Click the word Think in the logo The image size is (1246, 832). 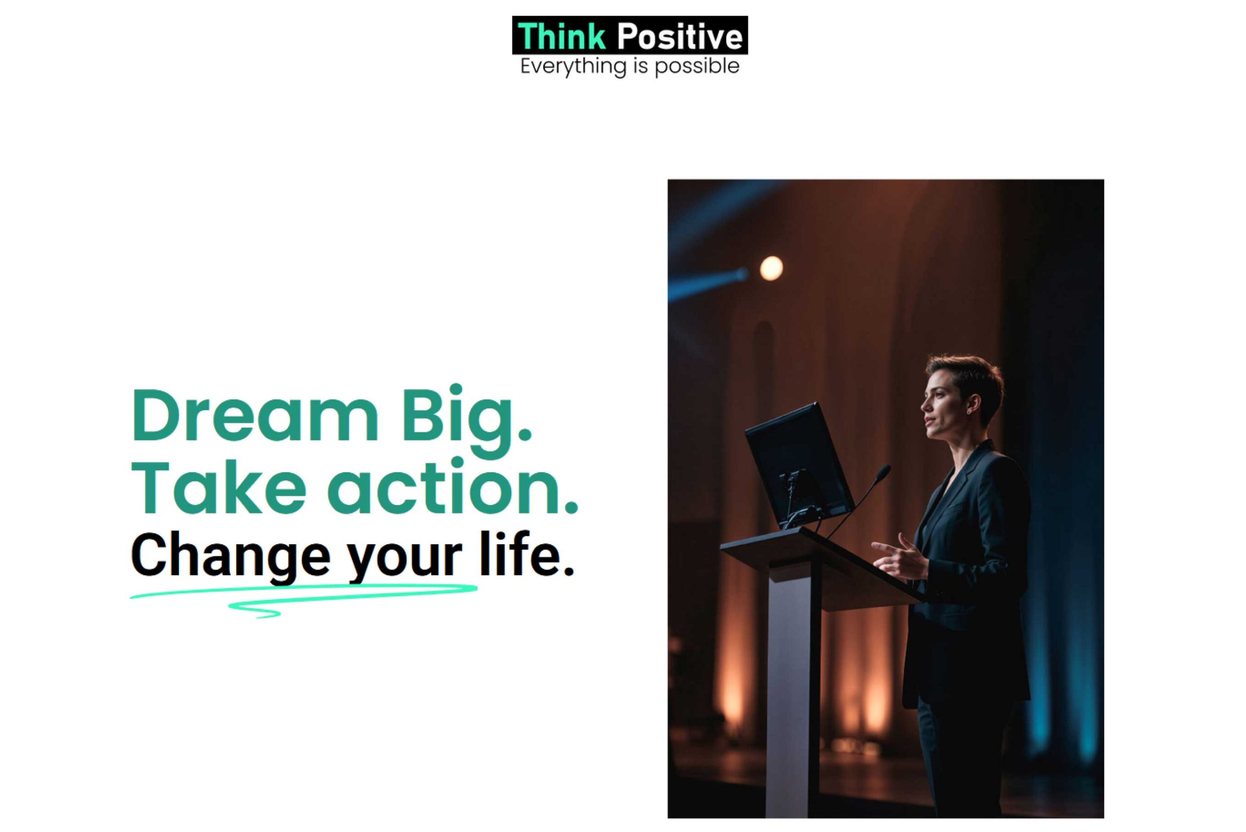point(561,36)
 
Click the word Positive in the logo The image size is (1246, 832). point(679,36)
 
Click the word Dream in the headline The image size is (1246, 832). point(255,415)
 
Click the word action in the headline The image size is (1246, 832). point(456,488)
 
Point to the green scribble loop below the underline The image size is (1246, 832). point(255,610)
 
